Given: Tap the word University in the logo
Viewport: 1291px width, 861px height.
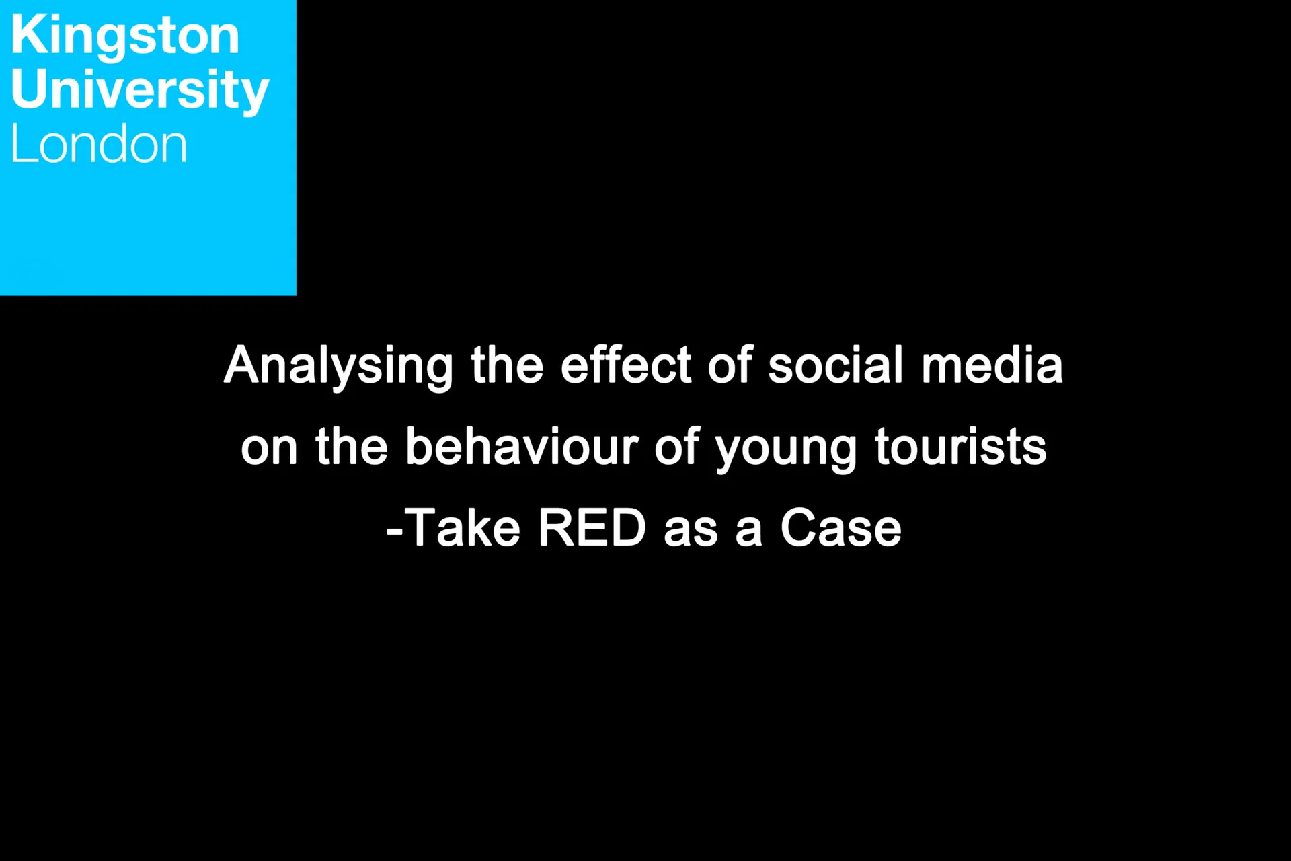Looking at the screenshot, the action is point(140,90).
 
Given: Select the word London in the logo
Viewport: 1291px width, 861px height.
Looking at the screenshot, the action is point(99,144).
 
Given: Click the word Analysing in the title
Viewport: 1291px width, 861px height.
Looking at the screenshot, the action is point(338,367).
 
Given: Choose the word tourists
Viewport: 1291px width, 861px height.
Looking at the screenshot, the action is point(960,447).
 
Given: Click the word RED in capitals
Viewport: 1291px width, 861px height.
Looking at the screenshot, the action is point(592,528).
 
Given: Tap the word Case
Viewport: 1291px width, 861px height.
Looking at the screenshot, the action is point(840,528).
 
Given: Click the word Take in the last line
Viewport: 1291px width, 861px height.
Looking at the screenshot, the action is point(463,528).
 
